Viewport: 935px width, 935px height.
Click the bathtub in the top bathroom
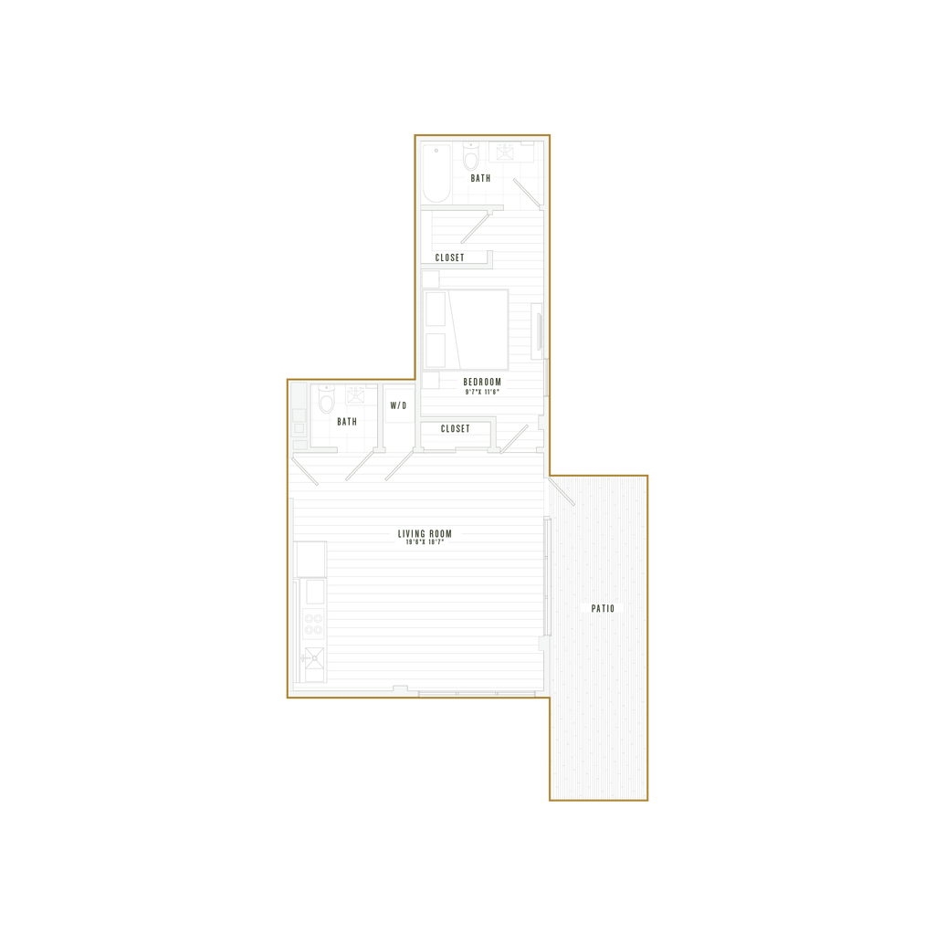pos(437,173)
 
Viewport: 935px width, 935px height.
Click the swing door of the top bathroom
pos(524,192)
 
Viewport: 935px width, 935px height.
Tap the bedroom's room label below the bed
pos(481,379)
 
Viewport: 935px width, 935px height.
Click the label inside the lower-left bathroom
pos(345,422)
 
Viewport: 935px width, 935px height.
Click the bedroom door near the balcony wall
pos(514,438)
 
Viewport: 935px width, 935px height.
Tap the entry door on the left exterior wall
pos(304,473)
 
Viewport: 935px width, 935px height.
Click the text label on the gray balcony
pos(601,607)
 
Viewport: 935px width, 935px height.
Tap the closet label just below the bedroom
pos(454,428)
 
